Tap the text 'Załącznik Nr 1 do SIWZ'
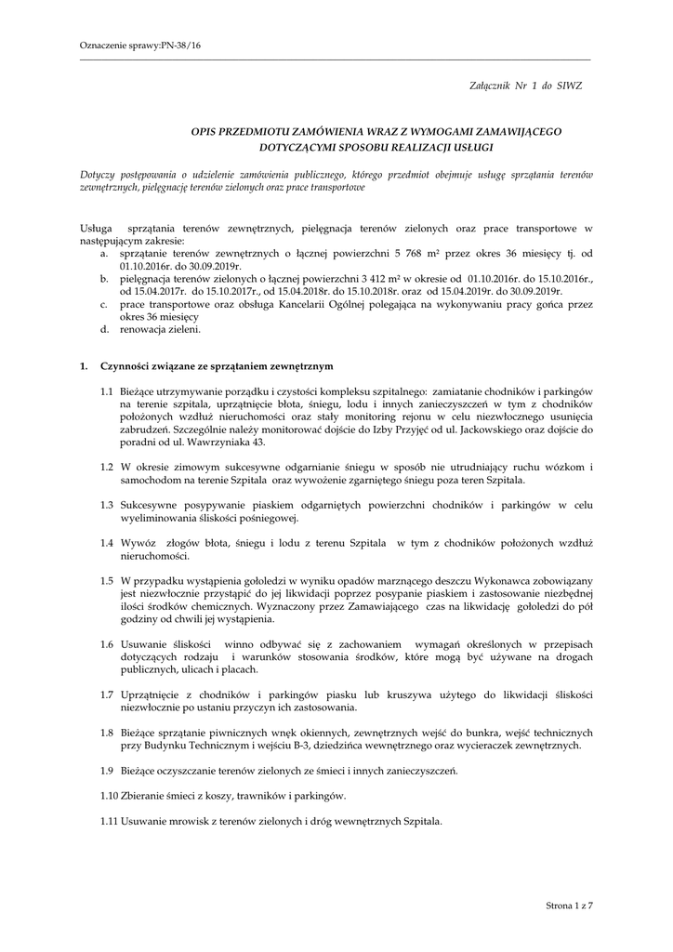click(525, 86)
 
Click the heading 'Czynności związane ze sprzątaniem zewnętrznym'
click(218, 366)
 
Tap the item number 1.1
click(109, 392)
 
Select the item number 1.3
click(109, 505)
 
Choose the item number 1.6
click(109, 643)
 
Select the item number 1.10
click(111, 797)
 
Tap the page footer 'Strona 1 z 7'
click(568, 905)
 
